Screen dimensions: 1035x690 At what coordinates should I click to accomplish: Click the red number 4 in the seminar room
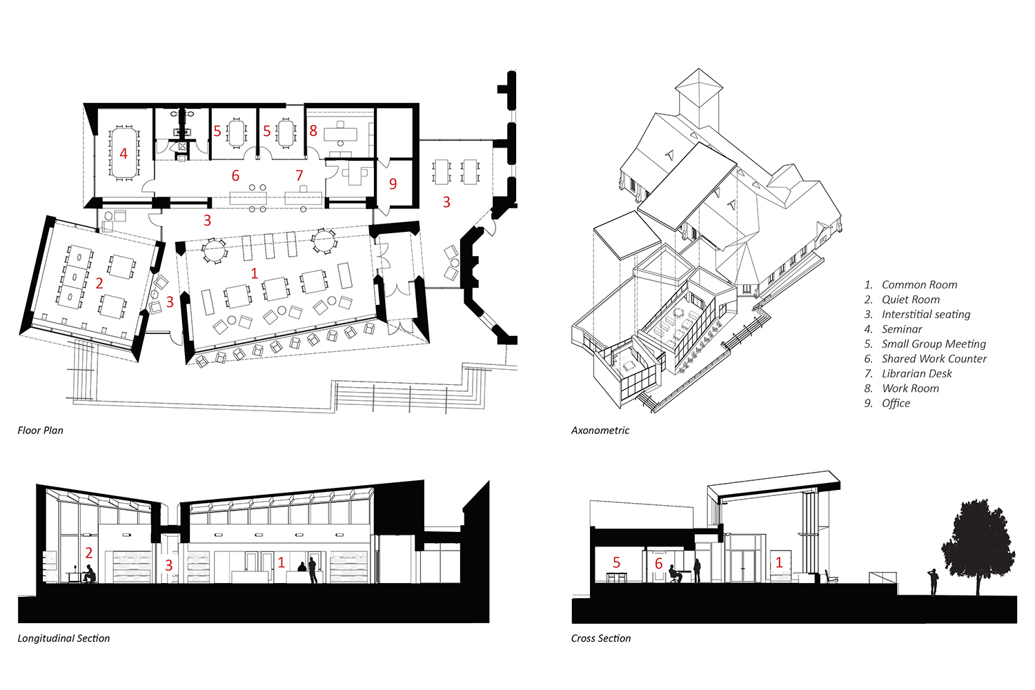tap(124, 153)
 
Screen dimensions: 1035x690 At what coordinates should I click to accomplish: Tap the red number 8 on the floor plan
tap(313, 131)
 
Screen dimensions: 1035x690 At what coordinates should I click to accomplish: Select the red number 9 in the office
tap(393, 184)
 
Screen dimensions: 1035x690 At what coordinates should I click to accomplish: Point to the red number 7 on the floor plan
tap(299, 176)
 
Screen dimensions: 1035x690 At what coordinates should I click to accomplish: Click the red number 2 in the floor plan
tap(99, 283)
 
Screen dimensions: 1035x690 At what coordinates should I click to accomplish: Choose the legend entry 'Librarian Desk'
tap(917, 373)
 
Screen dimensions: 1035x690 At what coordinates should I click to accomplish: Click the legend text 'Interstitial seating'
tap(926, 314)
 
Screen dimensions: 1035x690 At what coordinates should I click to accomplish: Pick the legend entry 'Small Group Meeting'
tap(934, 344)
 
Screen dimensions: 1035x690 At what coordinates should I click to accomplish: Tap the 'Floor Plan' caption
tap(40, 431)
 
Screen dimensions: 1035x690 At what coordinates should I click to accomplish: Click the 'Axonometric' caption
tap(600, 431)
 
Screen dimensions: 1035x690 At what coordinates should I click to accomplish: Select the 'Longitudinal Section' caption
tap(63, 638)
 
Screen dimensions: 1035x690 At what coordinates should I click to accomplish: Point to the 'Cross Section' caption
tap(601, 638)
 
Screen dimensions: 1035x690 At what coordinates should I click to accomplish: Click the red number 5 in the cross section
tap(616, 562)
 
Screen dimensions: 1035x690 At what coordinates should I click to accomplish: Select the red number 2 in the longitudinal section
tap(89, 552)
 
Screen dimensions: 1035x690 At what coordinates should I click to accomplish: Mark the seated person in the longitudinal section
tap(89, 574)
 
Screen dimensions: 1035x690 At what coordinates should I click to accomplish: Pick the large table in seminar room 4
tap(124, 152)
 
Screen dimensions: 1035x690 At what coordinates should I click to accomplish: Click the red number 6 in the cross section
tap(659, 563)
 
